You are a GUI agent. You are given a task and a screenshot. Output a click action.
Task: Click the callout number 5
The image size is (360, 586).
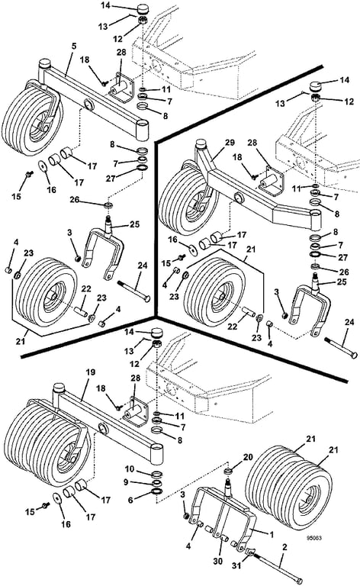[73, 46]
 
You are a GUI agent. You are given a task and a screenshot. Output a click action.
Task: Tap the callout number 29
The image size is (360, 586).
[230, 143]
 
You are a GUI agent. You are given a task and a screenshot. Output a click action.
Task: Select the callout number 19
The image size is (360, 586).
[90, 372]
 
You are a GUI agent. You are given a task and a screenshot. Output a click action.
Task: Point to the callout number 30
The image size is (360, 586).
[217, 561]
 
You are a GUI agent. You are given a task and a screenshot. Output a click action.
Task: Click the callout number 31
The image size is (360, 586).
[236, 566]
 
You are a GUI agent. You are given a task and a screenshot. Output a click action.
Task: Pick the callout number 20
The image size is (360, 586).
[248, 457]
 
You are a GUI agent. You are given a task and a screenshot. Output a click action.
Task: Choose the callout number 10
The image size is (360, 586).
[129, 469]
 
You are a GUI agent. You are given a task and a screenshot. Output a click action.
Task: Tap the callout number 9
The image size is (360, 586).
[126, 482]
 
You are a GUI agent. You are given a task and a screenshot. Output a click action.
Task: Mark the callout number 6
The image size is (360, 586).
[130, 500]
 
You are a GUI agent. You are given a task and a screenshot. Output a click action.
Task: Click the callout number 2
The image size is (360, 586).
[285, 548]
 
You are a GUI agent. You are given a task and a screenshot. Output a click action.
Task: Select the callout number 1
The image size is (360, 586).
[272, 535]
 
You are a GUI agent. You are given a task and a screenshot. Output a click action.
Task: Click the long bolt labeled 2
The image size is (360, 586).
[278, 568]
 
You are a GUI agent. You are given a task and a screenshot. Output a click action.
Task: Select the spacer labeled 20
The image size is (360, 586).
[227, 471]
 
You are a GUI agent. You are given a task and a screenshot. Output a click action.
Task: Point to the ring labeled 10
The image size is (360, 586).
[157, 475]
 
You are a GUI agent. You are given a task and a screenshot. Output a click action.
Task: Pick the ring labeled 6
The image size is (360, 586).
[157, 491]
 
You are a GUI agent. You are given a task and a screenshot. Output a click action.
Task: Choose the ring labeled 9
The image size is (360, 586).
[157, 483]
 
